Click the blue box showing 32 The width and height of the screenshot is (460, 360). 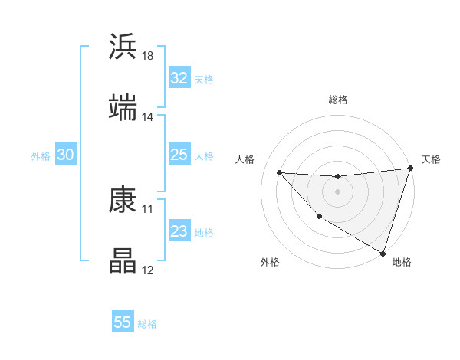(x=179, y=78)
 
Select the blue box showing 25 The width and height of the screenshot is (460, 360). (x=179, y=155)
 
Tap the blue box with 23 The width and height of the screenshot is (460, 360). (x=179, y=232)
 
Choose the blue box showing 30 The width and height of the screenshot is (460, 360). (x=65, y=155)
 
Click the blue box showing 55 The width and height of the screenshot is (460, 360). (x=123, y=322)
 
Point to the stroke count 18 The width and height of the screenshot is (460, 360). (x=148, y=56)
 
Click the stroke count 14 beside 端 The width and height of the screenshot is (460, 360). (x=148, y=117)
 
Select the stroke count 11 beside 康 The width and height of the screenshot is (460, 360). (x=148, y=208)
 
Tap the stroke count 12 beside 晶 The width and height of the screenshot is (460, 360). (x=148, y=270)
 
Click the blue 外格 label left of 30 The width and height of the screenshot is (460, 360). (x=41, y=156)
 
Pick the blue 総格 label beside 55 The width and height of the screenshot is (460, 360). (x=147, y=324)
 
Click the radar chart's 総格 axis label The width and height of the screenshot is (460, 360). (x=338, y=100)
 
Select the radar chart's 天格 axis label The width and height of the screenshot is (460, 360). (x=431, y=159)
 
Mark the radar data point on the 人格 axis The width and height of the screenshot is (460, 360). (x=280, y=172)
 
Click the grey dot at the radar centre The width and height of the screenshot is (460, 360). (x=337, y=191)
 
